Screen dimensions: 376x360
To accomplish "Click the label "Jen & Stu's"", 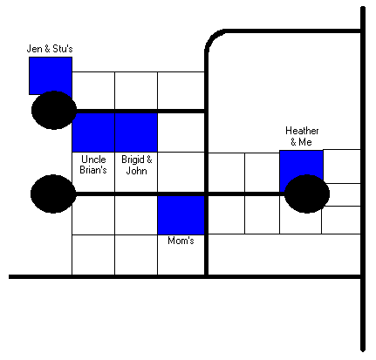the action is [50, 49].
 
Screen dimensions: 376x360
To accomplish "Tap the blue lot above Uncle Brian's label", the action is [93, 132].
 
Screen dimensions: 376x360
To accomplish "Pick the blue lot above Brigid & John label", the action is [136, 132].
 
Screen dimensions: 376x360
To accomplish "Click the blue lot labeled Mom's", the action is [181, 215].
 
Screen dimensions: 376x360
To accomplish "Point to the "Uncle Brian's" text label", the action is [93, 165].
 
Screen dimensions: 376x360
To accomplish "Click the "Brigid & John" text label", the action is [137, 165].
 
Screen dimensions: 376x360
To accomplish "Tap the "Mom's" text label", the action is [181, 241].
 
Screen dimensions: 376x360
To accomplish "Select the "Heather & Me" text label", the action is [302, 136].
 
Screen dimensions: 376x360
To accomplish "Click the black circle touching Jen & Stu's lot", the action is [54, 110].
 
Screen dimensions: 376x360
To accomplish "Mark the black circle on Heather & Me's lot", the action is [307, 194].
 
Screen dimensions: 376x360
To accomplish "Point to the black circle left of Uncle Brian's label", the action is [53, 194].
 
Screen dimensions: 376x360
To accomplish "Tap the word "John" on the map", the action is [137, 171].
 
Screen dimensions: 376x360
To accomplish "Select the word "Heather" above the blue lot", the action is [302, 131].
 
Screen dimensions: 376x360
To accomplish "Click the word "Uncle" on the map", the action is [93, 160].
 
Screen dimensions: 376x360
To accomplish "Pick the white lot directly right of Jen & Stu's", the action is [93, 91].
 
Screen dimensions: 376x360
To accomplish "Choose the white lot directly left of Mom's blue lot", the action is [136, 215].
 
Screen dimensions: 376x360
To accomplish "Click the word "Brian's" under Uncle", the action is [93, 170].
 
